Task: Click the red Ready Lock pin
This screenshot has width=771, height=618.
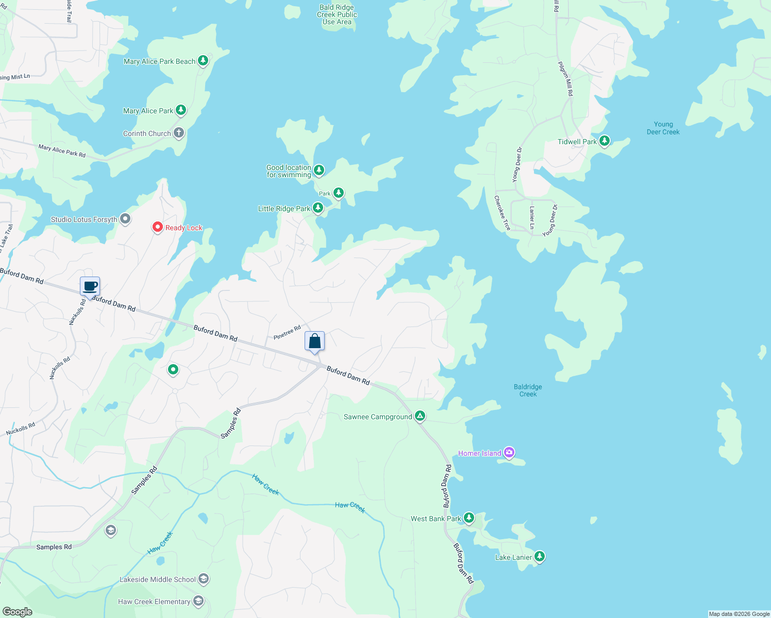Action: click(x=158, y=227)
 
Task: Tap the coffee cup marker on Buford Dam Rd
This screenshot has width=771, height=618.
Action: click(x=90, y=286)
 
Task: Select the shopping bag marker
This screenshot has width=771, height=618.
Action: click(x=314, y=341)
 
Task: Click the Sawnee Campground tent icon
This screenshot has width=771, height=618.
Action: click(x=420, y=416)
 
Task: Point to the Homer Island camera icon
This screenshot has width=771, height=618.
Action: click(x=509, y=453)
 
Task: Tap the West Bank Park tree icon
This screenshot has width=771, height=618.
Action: click(x=468, y=518)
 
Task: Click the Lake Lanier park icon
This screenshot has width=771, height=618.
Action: click(x=540, y=556)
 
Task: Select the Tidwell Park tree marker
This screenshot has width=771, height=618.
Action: click(x=605, y=141)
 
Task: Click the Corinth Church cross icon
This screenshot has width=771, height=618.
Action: click(x=179, y=133)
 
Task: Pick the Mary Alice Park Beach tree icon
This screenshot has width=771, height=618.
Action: click(x=203, y=61)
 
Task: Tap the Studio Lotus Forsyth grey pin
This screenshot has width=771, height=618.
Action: click(x=125, y=219)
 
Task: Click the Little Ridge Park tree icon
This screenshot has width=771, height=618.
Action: click(x=318, y=208)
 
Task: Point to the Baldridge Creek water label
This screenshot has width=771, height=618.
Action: click(x=528, y=390)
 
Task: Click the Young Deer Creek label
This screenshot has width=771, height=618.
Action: click(x=663, y=128)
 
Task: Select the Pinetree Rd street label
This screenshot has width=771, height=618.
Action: click(x=287, y=332)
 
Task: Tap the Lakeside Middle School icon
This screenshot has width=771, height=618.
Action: click(x=204, y=579)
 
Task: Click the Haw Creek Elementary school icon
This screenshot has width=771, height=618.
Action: click(x=198, y=601)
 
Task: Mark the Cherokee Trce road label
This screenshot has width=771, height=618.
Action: click(x=502, y=213)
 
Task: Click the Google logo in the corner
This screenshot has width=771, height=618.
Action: click(x=17, y=611)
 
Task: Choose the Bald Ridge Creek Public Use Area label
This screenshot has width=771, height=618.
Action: click(x=337, y=14)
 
